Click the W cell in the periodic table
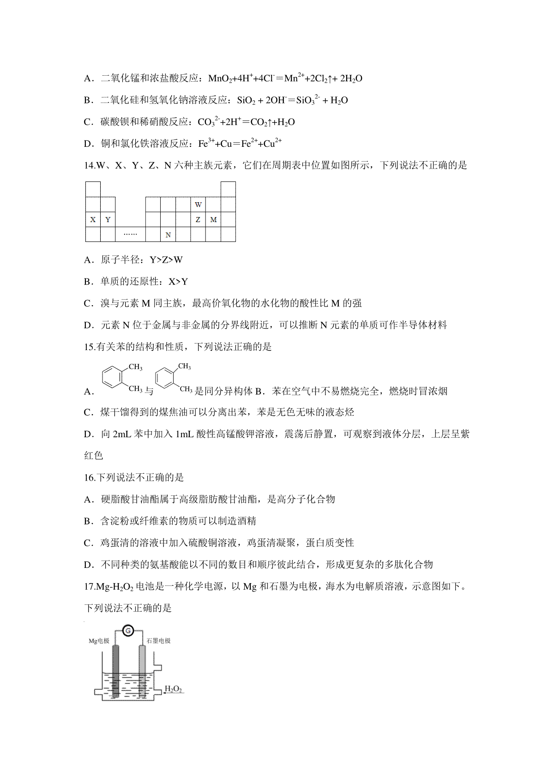[x=198, y=205]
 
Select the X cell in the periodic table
[x=93, y=220]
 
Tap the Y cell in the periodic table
[x=108, y=220]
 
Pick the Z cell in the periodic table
[x=198, y=220]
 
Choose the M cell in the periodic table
[x=213, y=220]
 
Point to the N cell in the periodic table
[x=168, y=235]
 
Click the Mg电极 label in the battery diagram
[x=99, y=641]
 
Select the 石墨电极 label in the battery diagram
[x=158, y=641]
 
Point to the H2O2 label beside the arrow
[x=174, y=690]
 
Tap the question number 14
[x=89, y=165]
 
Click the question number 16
[x=89, y=477]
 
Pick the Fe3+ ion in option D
[x=206, y=144]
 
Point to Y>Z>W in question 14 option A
[x=166, y=260]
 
